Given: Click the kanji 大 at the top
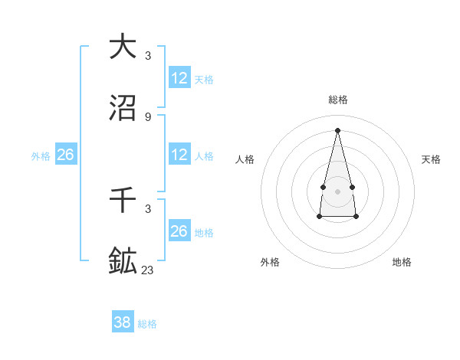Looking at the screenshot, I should click(x=123, y=47).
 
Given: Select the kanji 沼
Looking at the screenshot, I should click(x=123, y=108).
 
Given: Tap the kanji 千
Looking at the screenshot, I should click(x=123, y=200).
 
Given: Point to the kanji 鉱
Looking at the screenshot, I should click(x=123, y=261).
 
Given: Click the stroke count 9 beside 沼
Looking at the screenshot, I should click(x=147, y=116).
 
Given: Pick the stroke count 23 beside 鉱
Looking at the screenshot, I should click(x=147, y=270).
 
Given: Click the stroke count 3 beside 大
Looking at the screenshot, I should click(x=147, y=55).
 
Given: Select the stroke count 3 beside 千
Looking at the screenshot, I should click(x=147, y=208).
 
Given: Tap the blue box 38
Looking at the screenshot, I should click(x=123, y=322).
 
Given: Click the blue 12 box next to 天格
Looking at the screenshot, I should click(x=179, y=78).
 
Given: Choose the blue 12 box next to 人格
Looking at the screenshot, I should click(x=179, y=155).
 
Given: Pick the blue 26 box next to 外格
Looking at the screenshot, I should click(x=65, y=155).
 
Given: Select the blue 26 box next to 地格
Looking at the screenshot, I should click(x=179, y=231).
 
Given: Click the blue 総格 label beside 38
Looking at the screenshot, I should click(x=147, y=324).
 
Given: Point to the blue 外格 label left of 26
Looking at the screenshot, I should click(x=41, y=156).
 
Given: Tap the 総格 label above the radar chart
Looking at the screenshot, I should click(x=338, y=100).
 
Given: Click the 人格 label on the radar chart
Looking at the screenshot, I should click(x=245, y=159).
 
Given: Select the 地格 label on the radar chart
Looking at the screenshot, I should click(x=402, y=262).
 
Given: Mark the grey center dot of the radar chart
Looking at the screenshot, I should click(x=337, y=190).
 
